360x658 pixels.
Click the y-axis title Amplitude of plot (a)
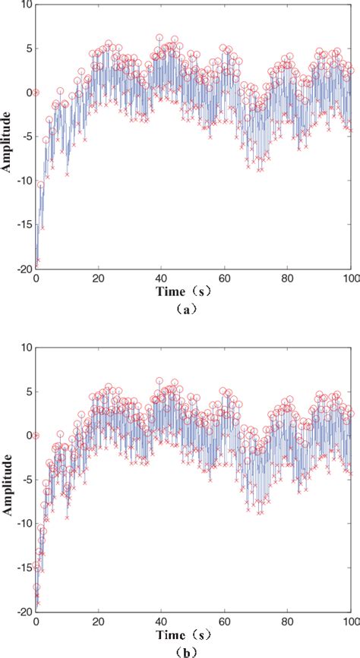pyautogui.click(x=8, y=137)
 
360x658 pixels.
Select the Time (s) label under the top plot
pyautogui.click(x=194, y=292)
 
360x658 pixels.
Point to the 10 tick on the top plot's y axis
pyautogui.click(x=25, y=5)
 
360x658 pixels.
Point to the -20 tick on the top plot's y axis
pyautogui.click(x=24, y=269)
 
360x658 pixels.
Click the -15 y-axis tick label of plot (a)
pyautogui.click(x=24, y=225)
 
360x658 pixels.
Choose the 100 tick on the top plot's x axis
pyautogui.click(x=350, y=279)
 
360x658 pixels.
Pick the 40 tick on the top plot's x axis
pyautogui.click(x=161, y=279)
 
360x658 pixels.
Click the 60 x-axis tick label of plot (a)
pyautogui.click(x=224, y=279)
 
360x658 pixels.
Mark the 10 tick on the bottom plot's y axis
pyautogui.click(x=25, y=348)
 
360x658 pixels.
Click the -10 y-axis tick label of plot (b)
pyautogui.click(x=24, y=523)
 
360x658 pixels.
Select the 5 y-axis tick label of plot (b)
pyautogui.click(x=27, y=392)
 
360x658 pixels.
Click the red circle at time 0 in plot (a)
pyautogui.click(x=36, y=93)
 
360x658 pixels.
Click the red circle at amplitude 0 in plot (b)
pyautogui.click(x=36, y=436)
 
